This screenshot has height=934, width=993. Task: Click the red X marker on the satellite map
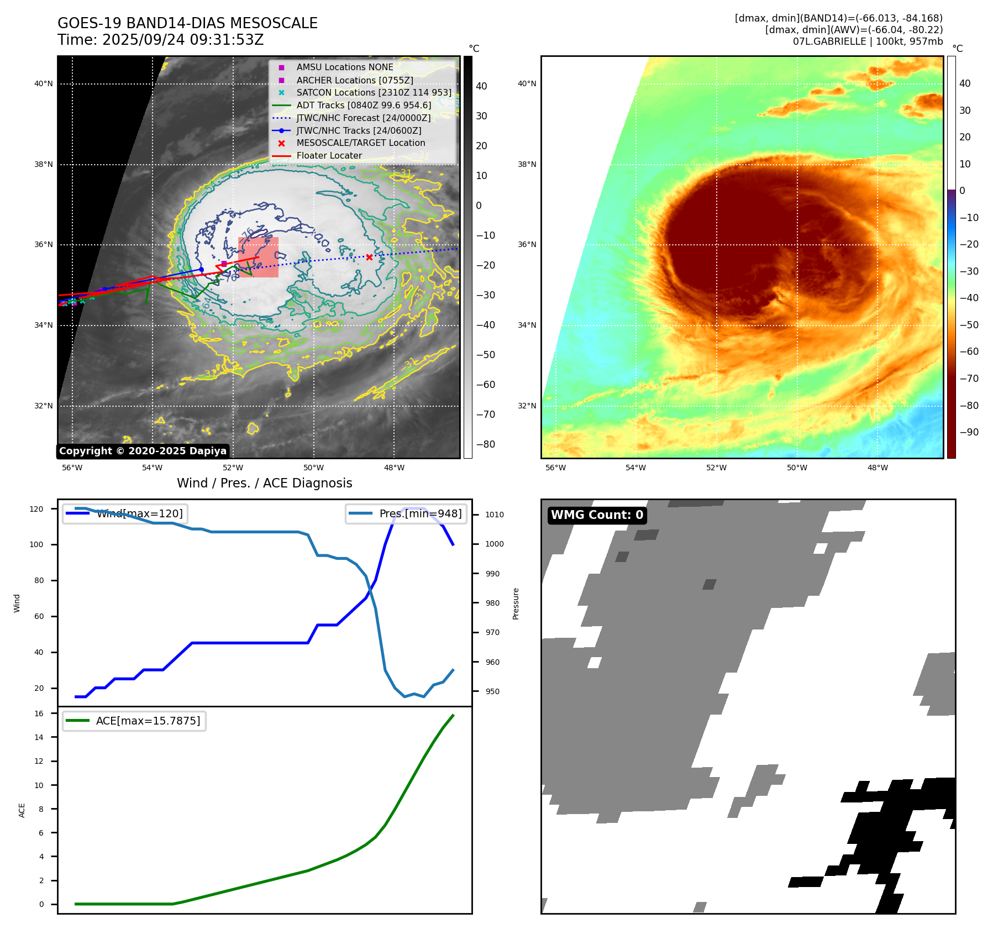369,257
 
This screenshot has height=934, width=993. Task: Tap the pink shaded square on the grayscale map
258,257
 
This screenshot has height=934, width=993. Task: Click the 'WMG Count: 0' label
597,515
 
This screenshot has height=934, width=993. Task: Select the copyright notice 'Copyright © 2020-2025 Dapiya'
143,451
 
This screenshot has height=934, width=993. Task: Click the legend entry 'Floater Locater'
329,156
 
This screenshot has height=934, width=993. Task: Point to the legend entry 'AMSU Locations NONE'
344,67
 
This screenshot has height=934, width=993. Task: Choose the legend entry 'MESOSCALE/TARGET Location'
360,143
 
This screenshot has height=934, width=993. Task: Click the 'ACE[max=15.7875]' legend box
134,721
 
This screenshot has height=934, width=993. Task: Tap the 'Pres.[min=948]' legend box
406,513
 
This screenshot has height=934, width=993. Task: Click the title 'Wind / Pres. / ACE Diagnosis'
264,483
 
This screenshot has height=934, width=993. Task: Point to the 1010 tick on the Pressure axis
495,515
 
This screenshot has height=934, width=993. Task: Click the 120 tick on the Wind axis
36,509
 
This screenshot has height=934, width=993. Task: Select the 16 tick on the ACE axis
39,713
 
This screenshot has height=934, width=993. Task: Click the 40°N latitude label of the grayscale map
44,84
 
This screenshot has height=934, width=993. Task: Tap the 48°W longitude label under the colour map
878,468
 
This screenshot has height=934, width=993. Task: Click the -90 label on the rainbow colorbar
969,432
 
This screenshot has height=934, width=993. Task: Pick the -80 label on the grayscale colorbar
485,444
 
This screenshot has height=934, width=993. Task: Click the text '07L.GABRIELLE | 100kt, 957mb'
868,41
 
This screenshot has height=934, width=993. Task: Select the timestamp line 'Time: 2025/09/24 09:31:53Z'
160,40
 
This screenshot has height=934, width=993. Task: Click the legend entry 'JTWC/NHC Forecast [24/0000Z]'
363,118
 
